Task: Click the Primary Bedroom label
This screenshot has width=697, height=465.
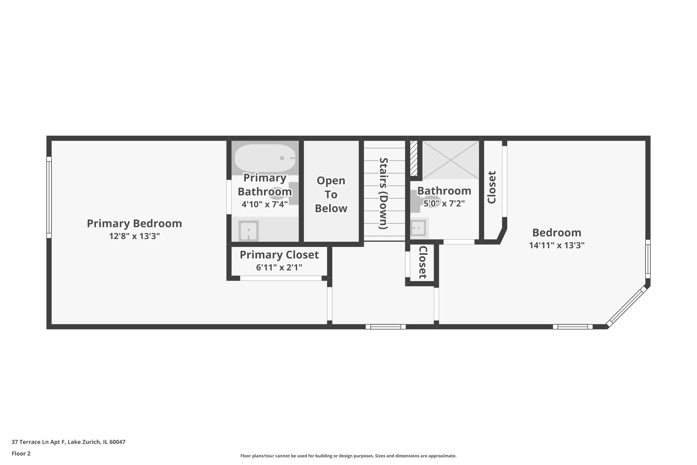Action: click(x=134, y=223)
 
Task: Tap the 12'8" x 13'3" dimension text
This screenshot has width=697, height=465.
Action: click(x=134, y=236)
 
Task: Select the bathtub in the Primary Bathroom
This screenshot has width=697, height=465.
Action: click(x=265, y=158)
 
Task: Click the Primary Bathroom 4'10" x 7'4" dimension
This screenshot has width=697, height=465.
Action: click(x=264, y=204)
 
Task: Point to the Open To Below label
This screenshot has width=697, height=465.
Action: click(x=331, y=195)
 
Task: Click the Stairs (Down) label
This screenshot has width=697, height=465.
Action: click(x=384, y=193)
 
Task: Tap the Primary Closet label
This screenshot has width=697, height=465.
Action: click(x=279, y=255)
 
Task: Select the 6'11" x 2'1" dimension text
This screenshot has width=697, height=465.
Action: click(x=279, y=267)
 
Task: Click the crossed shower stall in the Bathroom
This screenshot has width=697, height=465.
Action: click(x=450, y=160)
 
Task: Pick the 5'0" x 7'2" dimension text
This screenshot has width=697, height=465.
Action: click(x=444, y=204)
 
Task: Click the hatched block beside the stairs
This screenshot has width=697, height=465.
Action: click(x=414, y=158)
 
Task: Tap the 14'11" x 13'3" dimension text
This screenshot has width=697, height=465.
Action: click(x=556, y=245)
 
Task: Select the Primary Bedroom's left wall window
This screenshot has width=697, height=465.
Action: click(x=49, y=197)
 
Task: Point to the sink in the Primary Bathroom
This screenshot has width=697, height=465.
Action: click(x=248, y=231)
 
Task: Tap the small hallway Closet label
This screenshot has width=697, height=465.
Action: click(x=422, y=262)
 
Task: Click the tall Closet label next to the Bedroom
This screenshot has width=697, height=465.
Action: click(x=491, y=187)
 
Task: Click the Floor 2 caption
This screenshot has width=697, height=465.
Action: click(x=21, y=453)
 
